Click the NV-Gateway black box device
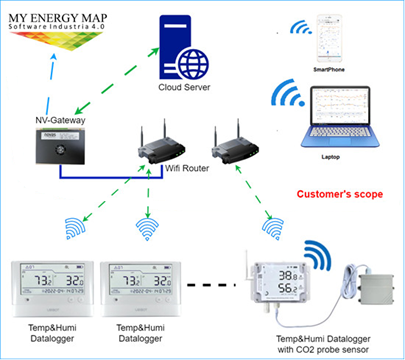click(x=58, y=148)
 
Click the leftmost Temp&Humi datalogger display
click(x=49, y=286)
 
